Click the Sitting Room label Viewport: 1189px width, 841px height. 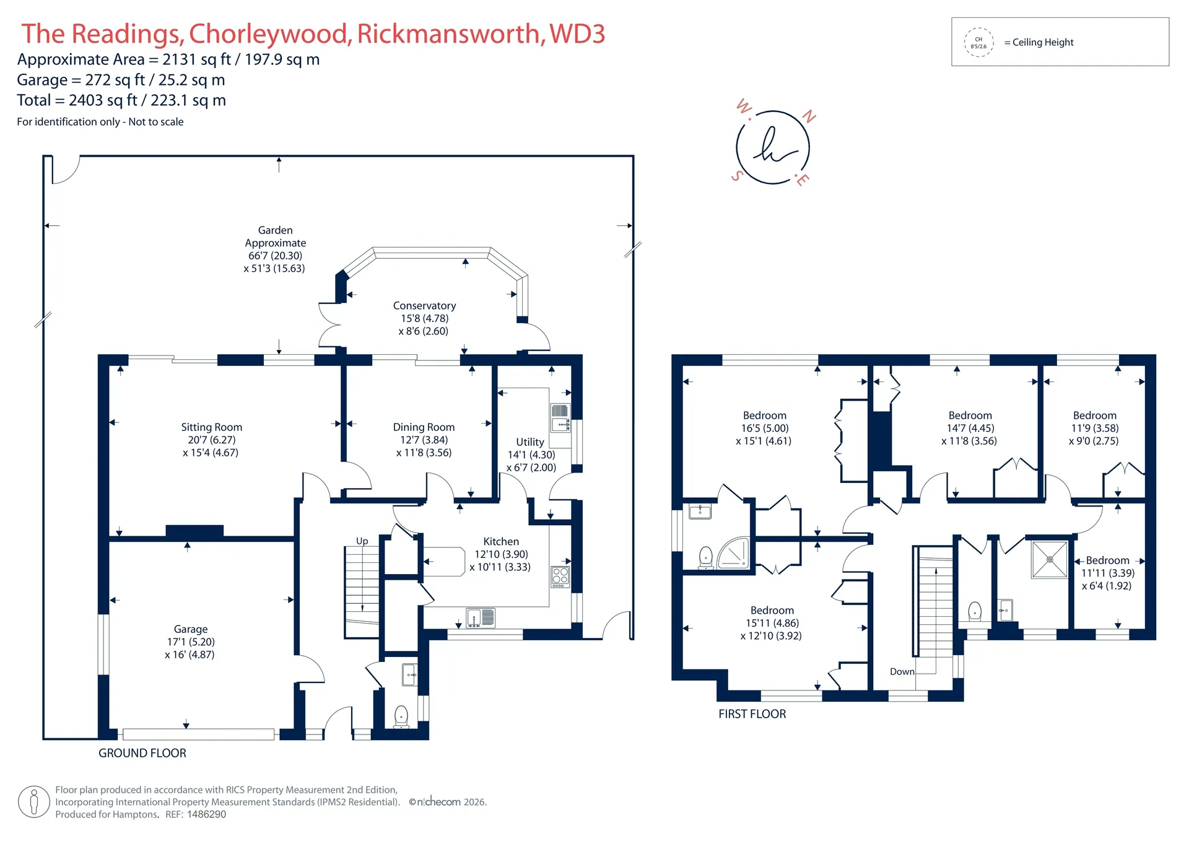[211, 427]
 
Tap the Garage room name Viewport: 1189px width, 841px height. [191, 629]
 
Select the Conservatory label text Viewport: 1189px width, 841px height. [424, 306]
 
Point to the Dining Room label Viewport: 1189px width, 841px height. [424, 427]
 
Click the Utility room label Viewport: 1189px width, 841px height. [530, 442]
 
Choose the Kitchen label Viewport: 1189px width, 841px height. [501, 542]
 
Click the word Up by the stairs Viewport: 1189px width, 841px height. [362, 541]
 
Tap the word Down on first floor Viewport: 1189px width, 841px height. [902, 672]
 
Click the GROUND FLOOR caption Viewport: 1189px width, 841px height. [142, 753]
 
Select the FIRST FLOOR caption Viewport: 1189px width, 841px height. [752, 714]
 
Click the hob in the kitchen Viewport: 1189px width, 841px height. [560, 577]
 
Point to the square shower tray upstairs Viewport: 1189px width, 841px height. [1050, 559]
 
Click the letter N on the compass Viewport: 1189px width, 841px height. [809, 116]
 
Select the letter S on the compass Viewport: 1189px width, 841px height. [737, 176]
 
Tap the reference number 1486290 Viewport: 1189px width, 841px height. [206, 814]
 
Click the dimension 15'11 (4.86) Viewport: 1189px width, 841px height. [772, 623]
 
